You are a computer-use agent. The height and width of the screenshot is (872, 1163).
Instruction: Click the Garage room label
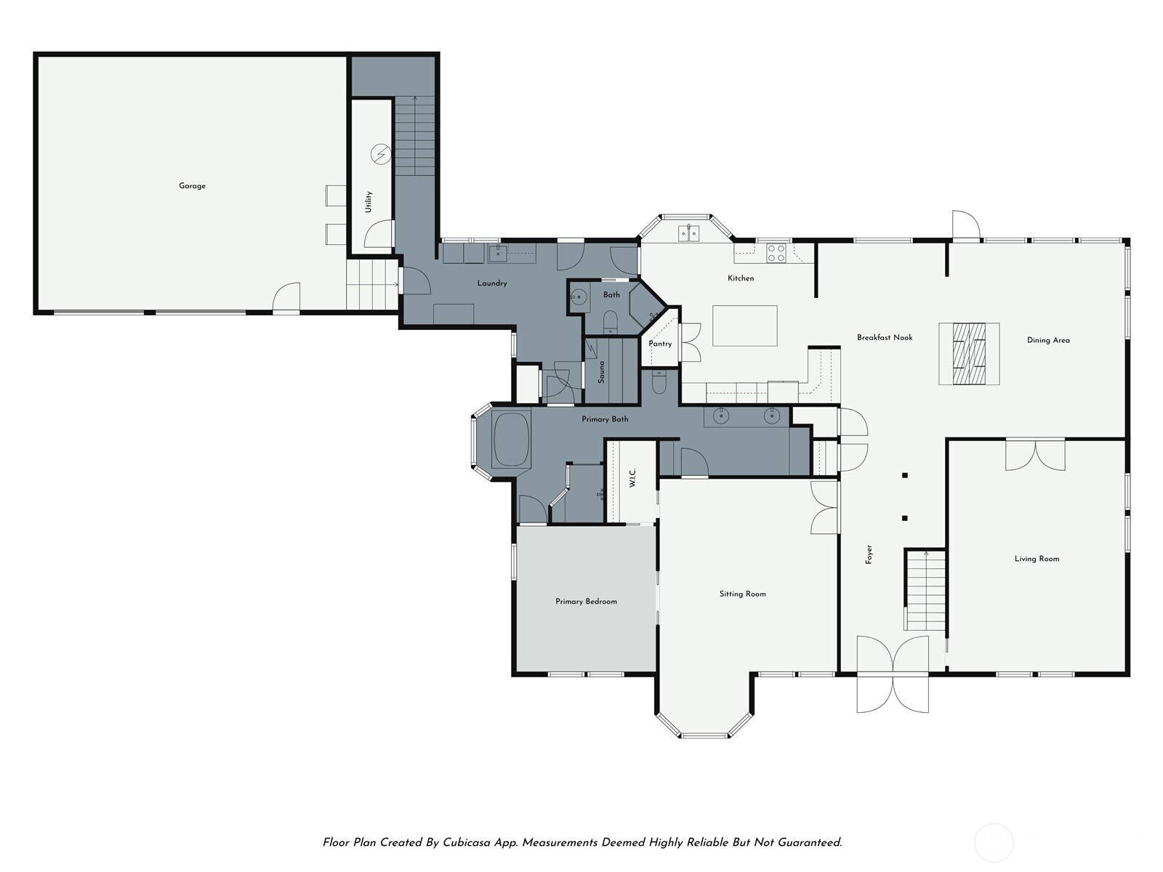point(192,186)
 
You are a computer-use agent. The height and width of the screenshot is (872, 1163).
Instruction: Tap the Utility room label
point(369,201)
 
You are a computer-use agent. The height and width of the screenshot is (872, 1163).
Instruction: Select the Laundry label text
point(492,283)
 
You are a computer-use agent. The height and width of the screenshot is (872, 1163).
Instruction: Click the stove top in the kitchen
point(776,252)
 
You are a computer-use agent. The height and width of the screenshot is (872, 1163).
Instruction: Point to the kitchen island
point(744,326)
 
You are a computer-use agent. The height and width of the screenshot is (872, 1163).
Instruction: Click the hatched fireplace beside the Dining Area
point(969,353)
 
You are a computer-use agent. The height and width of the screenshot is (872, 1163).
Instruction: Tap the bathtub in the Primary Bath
point(512,440)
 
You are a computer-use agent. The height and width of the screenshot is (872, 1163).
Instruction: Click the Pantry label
point(660,344)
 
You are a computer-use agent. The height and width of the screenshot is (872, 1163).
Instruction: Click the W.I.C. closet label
point(632,477)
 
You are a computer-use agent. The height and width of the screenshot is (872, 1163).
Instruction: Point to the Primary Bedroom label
point(586,602)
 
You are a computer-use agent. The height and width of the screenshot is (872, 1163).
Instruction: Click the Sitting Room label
point(742,594)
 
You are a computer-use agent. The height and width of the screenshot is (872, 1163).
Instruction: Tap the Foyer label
point(869,554)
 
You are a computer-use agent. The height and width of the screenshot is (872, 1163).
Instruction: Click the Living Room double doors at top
point(1035,454)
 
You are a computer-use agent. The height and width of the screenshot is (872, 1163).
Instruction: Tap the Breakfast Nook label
point(884,337)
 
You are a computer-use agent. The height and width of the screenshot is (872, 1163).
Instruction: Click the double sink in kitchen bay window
point(688,233)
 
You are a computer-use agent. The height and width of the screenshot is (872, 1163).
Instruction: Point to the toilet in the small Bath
point(611,320)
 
